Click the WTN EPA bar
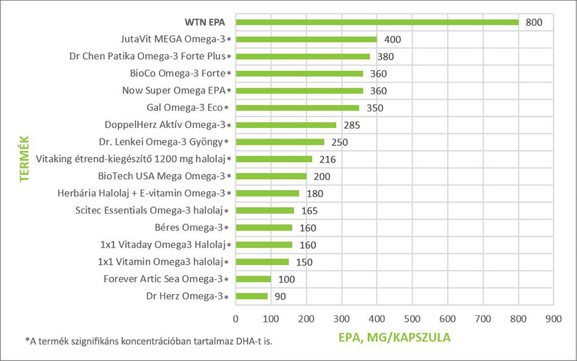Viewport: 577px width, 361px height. tap(377, 22)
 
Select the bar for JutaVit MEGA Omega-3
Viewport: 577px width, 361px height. tap(306, 39)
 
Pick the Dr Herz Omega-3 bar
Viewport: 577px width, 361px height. tap(252, 296)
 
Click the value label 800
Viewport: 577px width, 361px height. tap(534, 23)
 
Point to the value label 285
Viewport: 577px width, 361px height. tap(350, 125)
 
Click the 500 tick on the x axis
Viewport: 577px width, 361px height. tap(412, 319)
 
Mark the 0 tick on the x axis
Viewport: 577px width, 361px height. tap(236, 319)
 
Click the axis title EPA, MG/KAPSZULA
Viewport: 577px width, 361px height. tap(395, 337)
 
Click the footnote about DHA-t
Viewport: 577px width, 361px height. tap(148, 341)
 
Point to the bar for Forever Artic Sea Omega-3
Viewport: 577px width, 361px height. tap(254, 279)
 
